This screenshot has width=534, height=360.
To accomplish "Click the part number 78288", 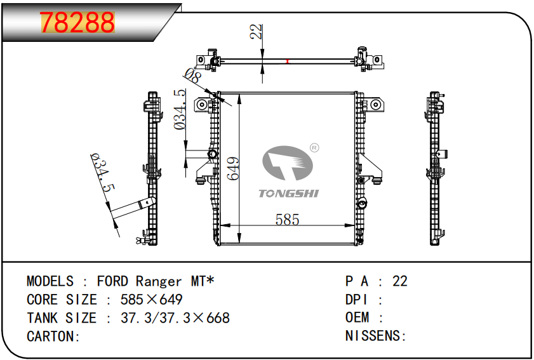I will point(78,23).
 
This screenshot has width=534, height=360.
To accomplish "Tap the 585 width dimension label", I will point(287,220).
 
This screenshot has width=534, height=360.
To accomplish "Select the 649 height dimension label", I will point(232,168).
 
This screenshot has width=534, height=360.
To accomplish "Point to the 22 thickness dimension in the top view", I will point(256,32).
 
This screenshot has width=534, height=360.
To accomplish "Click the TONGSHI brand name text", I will point(288,193).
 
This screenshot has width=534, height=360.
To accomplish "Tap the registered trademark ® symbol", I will point(314,148).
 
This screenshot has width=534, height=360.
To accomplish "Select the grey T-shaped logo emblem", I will point(287,164).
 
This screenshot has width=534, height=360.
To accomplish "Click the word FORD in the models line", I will point(112,281).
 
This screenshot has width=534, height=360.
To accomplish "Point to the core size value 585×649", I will point(152,300).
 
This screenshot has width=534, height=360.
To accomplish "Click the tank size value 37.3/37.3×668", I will point(175,318).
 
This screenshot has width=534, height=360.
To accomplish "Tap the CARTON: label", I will point(53,337).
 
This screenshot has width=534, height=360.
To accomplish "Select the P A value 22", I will point(400,281).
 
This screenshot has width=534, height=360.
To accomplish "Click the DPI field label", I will point(357,300).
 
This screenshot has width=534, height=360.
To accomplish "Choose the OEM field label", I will point(357,318).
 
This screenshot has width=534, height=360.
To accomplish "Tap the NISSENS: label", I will point(375,337).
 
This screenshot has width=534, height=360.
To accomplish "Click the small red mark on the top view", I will point(288,61).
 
